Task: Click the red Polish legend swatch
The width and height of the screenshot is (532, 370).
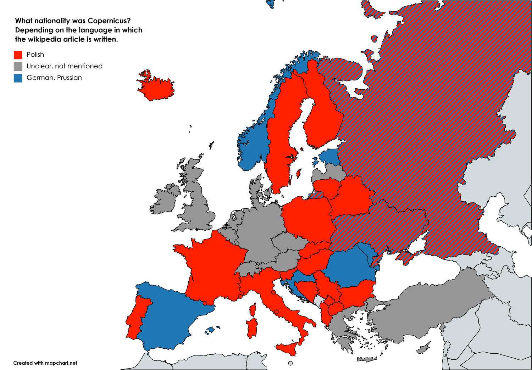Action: pyautogui.click(x=18, y=55)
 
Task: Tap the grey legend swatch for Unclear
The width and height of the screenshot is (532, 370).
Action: pyautogui.click(x=18, y=66)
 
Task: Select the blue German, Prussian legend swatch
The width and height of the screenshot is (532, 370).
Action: pyautogui.click(x=18, y=78)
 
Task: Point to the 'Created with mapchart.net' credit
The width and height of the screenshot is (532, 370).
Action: pyautogui.click(x=45, y=363)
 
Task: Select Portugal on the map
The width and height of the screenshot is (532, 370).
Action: pyautogui.click(x=137, y=315)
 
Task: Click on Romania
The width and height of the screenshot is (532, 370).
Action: pyautogui.click(x=349, y=268)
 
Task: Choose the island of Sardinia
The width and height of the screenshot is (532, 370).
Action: pyautogui.click(x=251, y=328)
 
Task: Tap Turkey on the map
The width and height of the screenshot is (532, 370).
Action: pyautogui.click(x=426, y=308)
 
